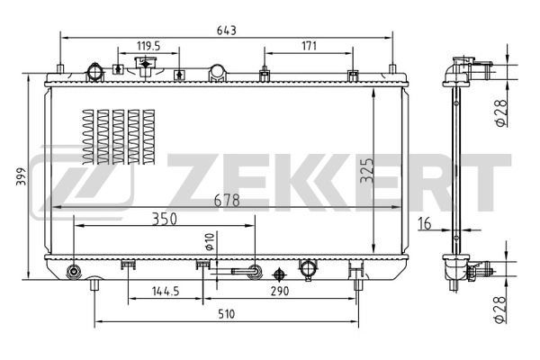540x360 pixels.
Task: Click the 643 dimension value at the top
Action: (x=226, y=30)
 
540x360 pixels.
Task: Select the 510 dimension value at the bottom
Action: (x=226, y=314)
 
